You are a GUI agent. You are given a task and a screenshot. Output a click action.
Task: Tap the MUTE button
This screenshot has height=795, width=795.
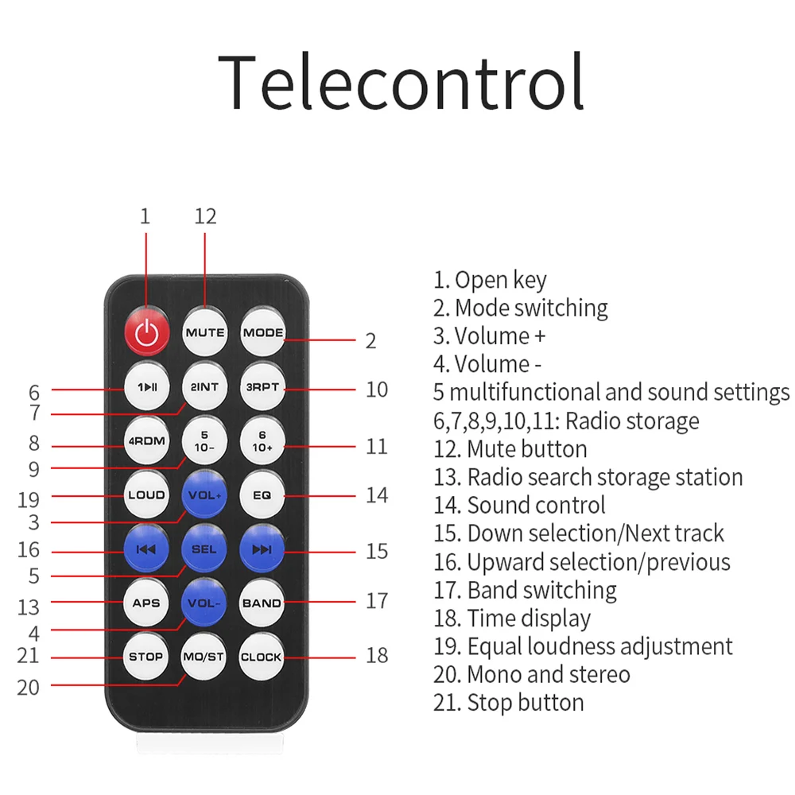coord(205,332)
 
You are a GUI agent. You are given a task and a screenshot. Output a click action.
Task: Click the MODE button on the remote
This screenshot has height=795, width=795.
coord(262,332)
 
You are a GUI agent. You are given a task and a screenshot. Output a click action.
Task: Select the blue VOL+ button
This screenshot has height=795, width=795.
coord(204,495)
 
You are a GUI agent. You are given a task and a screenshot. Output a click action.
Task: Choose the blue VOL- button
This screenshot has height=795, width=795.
coord(204,603)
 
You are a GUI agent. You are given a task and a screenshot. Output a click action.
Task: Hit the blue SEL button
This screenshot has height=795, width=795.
coord(204,549)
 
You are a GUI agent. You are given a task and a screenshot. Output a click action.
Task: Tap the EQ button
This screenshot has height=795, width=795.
coord(262,495)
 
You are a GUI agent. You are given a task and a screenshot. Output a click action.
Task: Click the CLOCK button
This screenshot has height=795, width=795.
coord(261,657)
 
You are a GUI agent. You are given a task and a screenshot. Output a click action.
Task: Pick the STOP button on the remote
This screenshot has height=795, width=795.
coord(146,657)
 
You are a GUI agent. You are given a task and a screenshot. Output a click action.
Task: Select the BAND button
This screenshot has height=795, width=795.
coord(262,603)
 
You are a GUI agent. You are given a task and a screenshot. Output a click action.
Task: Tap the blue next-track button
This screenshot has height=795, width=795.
coord(262,549)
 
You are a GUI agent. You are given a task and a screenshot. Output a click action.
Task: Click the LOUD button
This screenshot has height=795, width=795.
coord(146,495)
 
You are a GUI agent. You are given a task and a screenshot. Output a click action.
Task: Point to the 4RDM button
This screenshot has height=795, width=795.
coord(147,441)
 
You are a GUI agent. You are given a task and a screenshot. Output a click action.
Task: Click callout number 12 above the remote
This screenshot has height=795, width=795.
coord(205,216)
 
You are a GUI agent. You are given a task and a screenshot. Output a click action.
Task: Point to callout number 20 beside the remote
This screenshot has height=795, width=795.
coord(28,688)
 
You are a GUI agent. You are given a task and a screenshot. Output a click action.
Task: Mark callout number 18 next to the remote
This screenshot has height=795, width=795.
coord(377,655)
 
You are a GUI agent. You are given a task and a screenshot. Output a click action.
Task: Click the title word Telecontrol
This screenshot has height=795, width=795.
coord(401,82)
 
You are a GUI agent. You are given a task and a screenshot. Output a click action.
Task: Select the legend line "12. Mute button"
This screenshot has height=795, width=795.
coord(510,449)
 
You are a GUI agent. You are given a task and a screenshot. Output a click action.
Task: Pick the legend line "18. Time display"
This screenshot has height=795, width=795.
coord(512,619)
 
